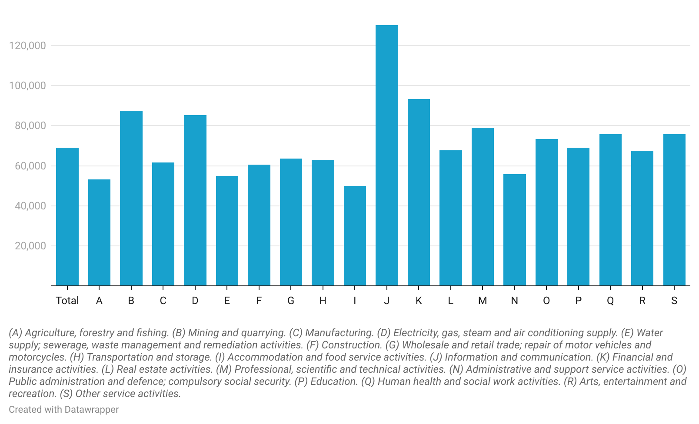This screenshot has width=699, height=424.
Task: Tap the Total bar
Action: tap(67, 217)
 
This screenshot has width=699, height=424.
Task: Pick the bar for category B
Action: tap(131, 198)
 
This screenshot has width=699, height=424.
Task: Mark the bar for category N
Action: tap(515, 230)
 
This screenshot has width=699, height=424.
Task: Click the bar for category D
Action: tap(195, 200)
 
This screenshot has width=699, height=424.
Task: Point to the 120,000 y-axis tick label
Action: tap(27, 46)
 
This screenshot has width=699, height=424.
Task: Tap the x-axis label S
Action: tap(674, 301)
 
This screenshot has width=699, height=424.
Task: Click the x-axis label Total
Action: tap(67, 301)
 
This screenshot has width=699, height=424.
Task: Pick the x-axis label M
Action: tap(483, 301)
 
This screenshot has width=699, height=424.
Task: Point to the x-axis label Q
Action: tap(610, 301)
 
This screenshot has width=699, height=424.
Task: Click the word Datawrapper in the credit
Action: tap(91, 410)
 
